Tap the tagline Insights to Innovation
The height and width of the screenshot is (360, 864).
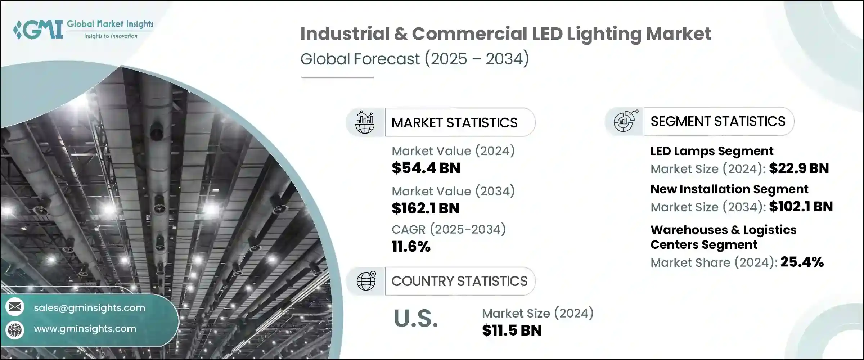pos(111,36)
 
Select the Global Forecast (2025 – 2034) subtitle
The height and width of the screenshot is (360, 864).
pos(414,59)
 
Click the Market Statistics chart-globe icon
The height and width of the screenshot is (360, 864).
pos(365,122)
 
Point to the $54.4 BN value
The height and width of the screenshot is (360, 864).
pos(426,168)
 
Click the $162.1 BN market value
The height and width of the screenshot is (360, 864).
pos(426,208)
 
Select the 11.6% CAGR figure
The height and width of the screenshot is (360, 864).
pos(411,247)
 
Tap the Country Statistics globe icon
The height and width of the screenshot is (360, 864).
pos(366,281)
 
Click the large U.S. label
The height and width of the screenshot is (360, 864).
pos(416,319)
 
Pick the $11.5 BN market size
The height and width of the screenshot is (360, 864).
pos(512,330)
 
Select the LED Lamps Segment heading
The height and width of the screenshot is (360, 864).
pos(712,151)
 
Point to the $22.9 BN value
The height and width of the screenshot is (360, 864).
pos(799,168)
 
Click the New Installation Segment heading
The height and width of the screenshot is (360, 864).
pos(729,189)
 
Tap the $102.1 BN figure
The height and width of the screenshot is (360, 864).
pos(801,207)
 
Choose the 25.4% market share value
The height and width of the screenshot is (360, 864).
pos(802,262)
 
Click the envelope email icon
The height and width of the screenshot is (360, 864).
pos(15,307)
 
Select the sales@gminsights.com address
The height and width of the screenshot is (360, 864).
pos(89,308)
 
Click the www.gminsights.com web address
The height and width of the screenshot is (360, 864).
pos(85,329)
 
